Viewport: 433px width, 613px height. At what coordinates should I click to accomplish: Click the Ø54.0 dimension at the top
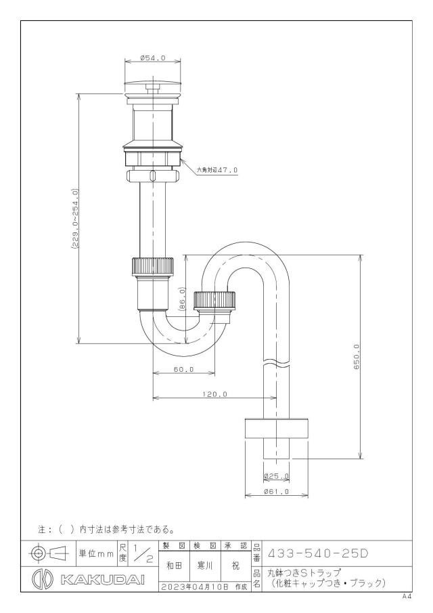[x=153, y=58]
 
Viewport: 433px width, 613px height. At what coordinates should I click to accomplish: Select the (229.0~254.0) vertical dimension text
[x=74, y=219]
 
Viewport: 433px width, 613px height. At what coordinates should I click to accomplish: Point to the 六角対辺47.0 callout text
[x=217, y=169]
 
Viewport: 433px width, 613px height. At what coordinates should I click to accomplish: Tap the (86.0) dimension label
[x=183, y=299]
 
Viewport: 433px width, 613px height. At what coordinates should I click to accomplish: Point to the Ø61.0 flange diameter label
[x=277, y=492]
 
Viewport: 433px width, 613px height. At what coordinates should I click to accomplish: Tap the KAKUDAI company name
[x=103, y=580]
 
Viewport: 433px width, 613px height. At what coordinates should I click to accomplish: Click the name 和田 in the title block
[x=174, y=566]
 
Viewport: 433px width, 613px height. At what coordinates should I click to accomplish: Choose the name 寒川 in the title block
[x=205, y=566]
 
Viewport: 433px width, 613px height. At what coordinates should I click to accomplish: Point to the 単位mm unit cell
[x=97, y=553]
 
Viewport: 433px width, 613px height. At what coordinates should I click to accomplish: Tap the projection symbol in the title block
[x=49, y=553]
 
